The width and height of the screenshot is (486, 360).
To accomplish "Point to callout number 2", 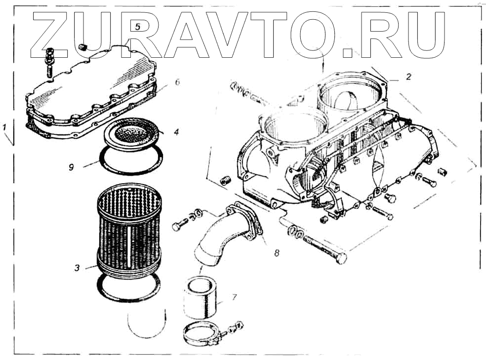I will (408, 77).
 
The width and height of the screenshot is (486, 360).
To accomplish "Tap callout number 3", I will (77, 268).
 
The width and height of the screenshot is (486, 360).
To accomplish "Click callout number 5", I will (138, 26).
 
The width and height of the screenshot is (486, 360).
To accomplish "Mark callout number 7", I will (234, 297).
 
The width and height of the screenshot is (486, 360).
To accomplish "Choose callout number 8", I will (277, 253).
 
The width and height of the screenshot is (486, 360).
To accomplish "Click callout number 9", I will (72, 167).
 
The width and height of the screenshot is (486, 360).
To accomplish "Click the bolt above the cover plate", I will (49, 61).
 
